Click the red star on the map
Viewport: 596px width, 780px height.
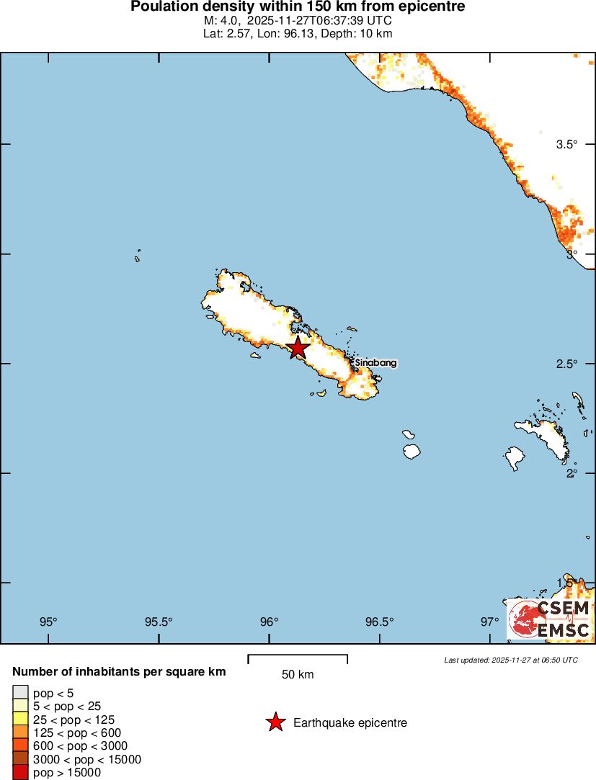(298, 348)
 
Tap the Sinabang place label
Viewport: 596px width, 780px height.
(375, 364)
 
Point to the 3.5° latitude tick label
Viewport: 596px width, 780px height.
(567, 144)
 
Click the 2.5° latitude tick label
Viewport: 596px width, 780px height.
(567, 364)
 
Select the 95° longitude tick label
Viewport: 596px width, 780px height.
(48, 622)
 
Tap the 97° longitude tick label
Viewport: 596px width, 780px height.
(490, 622)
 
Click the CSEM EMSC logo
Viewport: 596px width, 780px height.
(549, 619)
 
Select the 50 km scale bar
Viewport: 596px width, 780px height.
(298, 658)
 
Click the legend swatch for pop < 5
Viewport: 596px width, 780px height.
(20, 693)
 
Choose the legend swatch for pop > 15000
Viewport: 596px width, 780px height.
(20, 772)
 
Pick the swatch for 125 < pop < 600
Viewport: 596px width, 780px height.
(20, 732)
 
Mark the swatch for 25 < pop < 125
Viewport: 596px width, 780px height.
(20, 720)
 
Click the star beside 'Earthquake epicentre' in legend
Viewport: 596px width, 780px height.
(275, 722)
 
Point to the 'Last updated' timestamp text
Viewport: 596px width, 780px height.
(511, 660)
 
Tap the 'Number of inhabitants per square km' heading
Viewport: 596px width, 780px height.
(119, 672)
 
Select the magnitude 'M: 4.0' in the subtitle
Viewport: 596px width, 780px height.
(221, 21)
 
